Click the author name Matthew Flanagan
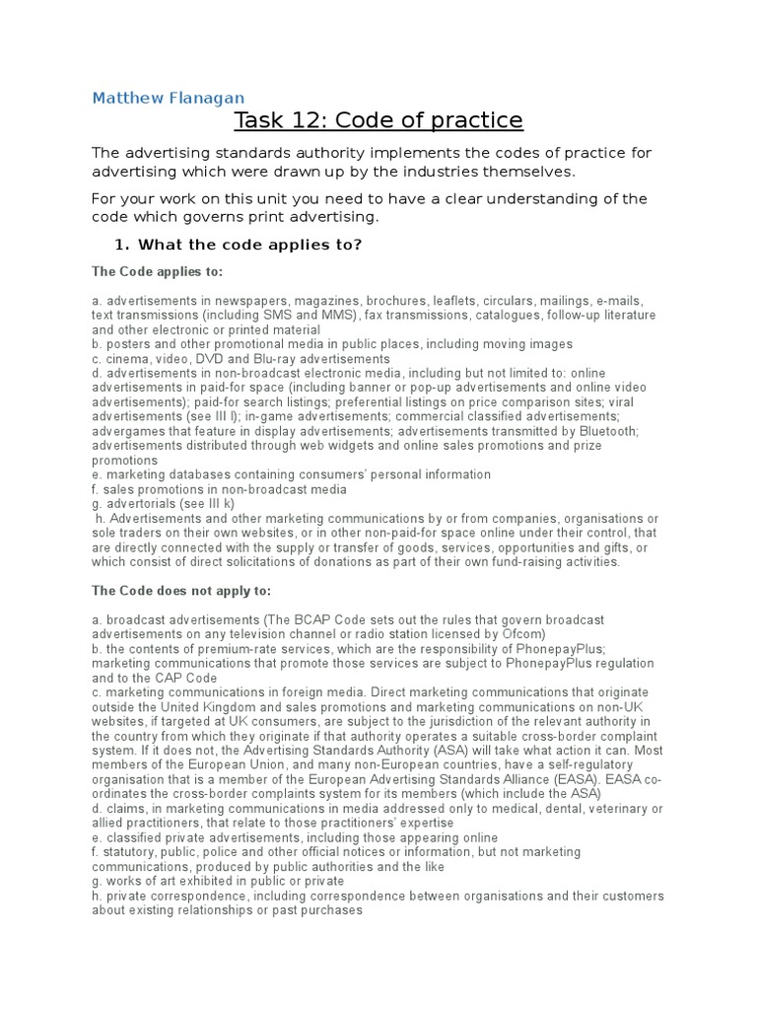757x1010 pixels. [168, 98]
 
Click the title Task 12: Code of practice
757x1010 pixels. [378, 120]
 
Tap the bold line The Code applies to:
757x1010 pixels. [157, 271]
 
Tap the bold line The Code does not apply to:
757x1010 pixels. [167, 591]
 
